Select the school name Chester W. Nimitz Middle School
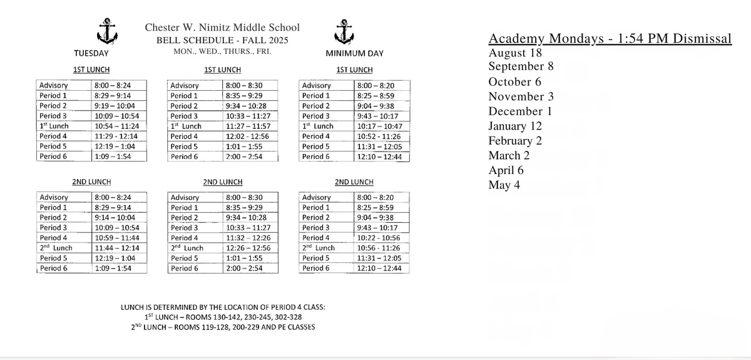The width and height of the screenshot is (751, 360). [x=222, y=28]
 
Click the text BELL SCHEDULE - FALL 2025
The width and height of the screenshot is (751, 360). [x=222, y=40]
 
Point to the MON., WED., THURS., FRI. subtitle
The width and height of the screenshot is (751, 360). [x=222, y=51]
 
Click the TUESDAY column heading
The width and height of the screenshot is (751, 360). [x=91, y=53]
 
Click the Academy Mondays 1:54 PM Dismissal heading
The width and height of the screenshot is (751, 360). [x=610, y=39]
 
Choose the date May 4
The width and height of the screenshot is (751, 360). [x=504, y=185]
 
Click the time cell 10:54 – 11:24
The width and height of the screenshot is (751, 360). [x=116, y=126]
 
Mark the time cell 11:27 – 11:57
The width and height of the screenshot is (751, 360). [x=247, y=126]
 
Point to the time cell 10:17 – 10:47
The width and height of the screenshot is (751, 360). [x=379, y=126]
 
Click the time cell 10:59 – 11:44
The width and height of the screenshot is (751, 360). [x=116, y=237]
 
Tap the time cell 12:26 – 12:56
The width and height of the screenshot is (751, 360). [x=247, y=247]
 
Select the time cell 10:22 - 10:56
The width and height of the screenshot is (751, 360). [x=379, y=237]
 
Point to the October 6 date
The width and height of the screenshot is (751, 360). [x=514, y=81]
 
